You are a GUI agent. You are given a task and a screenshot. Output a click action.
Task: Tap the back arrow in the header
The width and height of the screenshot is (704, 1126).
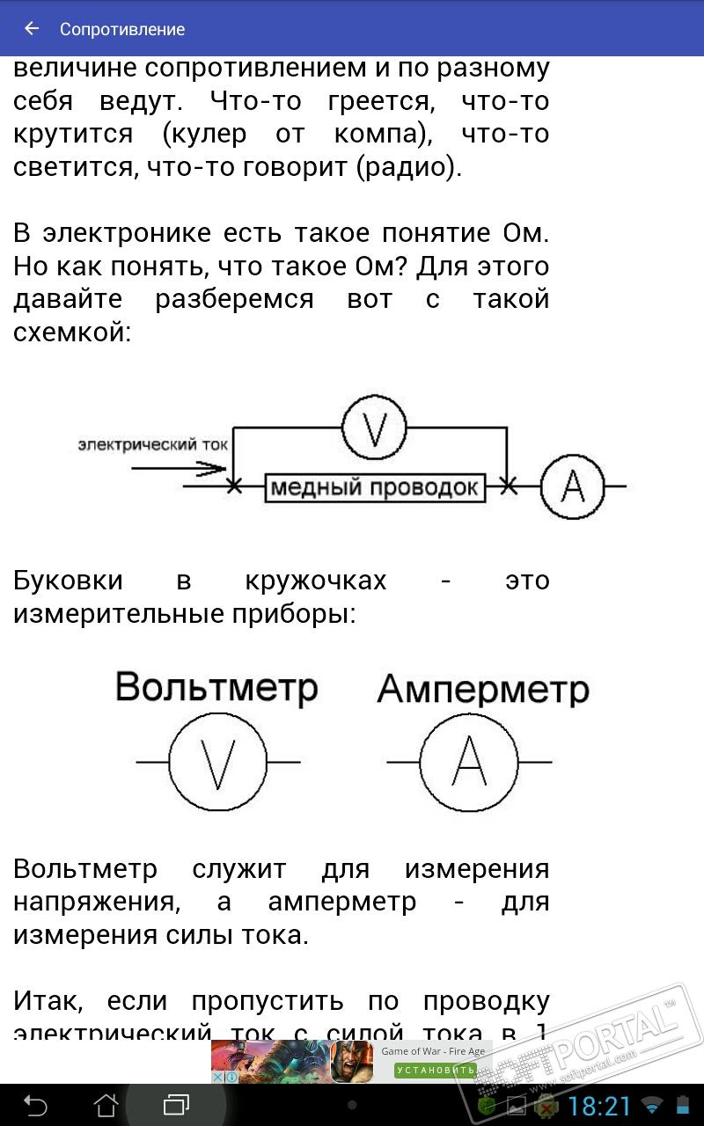33,29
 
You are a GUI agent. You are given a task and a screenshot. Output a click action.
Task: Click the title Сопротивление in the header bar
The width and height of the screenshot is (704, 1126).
122,29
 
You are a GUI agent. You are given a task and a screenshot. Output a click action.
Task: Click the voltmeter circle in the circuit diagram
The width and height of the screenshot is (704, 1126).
374,428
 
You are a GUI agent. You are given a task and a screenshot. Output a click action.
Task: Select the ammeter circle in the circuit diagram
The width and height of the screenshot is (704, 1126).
572,486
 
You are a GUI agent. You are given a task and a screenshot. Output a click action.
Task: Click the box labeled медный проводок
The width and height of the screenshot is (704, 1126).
376,486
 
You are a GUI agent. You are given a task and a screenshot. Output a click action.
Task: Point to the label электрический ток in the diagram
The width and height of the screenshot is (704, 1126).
152,444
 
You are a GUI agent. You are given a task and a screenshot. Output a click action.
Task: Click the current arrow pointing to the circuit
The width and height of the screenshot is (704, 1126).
180,468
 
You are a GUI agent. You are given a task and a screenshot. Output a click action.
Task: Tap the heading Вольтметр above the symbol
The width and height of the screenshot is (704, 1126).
216,686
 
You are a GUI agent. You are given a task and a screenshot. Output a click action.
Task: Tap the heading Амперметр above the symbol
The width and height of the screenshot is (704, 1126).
482,690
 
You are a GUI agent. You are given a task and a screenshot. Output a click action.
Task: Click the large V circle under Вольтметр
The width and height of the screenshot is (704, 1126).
217,762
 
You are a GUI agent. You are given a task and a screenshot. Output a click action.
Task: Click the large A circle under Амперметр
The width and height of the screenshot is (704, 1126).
468,762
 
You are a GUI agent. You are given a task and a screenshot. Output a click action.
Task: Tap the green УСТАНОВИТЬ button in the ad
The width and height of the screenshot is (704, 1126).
435,1070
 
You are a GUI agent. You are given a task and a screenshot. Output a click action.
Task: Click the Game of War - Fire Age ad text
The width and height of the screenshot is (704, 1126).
433,1051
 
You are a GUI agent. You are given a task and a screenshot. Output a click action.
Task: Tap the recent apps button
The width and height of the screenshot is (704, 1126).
176,1105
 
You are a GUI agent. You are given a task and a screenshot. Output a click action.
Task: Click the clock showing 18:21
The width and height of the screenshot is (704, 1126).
600,1106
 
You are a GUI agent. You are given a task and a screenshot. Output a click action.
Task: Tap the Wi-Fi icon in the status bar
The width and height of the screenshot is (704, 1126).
652,1106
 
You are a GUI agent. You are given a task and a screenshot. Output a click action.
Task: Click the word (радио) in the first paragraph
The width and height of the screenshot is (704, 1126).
409,167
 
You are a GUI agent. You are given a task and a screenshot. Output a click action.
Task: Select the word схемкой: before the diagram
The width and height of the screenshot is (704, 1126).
72,333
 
